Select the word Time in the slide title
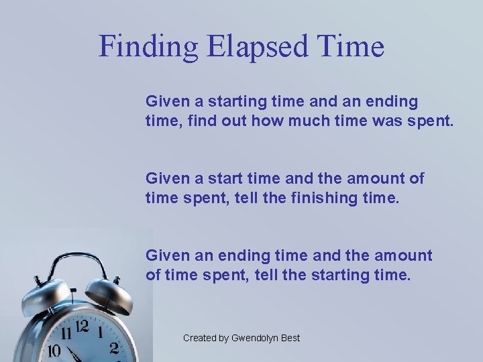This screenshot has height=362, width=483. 351,47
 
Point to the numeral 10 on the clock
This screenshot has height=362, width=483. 54,351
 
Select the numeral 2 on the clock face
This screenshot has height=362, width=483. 114,347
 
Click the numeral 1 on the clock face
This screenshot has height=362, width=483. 100,332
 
